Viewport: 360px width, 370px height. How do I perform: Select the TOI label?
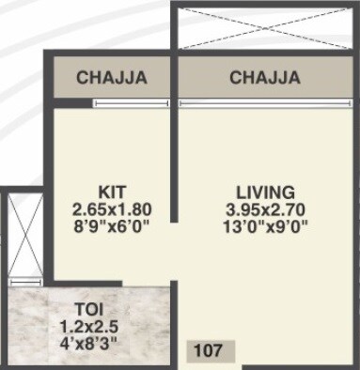coord(90,307)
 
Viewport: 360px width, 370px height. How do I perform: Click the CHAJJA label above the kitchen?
coord(112,78)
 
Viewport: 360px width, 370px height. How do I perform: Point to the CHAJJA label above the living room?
coord(265,78)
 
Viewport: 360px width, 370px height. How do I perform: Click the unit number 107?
coord(209,353)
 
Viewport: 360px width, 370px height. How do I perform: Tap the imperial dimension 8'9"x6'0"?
coord(112,226)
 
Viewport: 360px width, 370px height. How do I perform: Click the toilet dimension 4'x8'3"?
coord(90,344)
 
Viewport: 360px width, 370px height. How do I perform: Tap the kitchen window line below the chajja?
coord(112,103)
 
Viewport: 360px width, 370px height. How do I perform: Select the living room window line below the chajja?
coord(265,103)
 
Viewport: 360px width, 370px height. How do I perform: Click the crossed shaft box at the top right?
coord(265,28)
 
